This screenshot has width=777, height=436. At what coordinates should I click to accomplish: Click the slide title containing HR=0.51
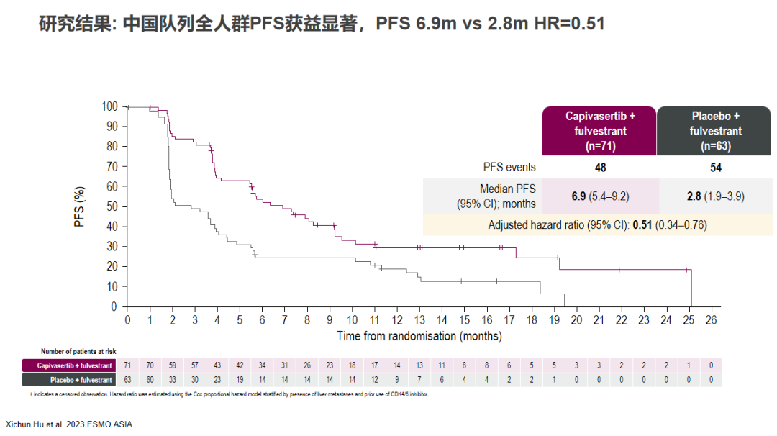pos(321,23)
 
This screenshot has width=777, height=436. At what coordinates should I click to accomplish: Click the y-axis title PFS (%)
pos(80,206)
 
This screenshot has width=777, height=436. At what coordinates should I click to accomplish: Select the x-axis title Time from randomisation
pos(419,336)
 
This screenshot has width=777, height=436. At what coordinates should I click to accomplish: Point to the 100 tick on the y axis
pos(109,106)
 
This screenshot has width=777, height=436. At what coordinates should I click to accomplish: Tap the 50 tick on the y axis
pos(112,206)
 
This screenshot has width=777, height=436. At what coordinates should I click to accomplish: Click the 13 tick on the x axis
pos(419,320)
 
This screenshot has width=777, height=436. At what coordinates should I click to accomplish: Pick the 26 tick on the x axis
pos(711,320)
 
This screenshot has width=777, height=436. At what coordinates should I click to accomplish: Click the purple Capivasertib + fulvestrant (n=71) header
pos(600,131)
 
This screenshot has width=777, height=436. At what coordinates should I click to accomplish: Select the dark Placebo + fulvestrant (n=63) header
pos(715,131)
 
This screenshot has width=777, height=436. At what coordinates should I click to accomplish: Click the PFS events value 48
pos(600,168)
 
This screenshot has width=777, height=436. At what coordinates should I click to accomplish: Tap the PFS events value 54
pos(715,168)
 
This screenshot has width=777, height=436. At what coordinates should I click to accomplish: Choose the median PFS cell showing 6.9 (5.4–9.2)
pos(600,196)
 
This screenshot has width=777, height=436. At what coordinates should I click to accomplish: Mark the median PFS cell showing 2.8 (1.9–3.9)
pos(715,196)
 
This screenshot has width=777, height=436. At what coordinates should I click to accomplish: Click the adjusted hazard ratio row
pos(597,225)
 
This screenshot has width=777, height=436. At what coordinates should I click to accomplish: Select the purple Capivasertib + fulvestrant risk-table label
pos(68,365)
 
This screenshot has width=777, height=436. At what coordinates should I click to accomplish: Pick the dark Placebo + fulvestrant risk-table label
pos(68,380)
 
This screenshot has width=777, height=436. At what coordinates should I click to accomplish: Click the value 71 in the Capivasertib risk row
pos(127,365)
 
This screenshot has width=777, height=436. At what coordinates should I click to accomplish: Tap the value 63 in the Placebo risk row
pos(127,380)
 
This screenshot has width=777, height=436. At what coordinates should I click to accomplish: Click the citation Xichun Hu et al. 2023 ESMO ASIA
pos(70,424)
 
